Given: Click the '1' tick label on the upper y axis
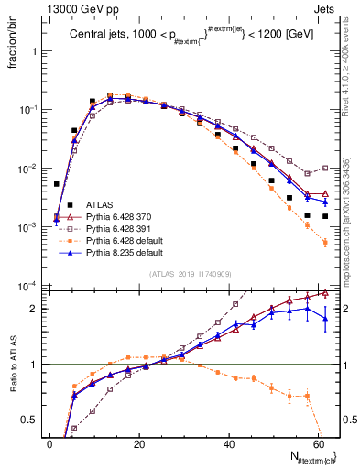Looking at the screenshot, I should (36, 51).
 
